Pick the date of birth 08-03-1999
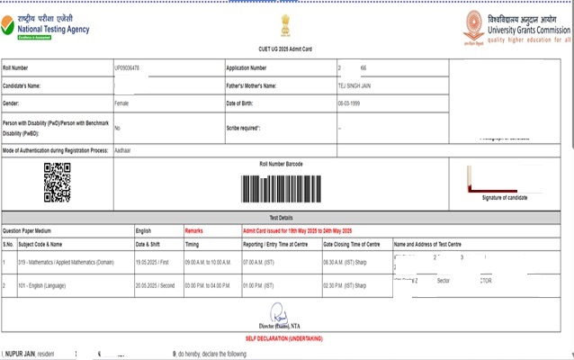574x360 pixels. [x=348, y=104]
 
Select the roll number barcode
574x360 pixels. [x=285, y=187]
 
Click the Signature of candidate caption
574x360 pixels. [x=505, y=197]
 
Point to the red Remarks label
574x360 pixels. [x=193, y=230]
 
